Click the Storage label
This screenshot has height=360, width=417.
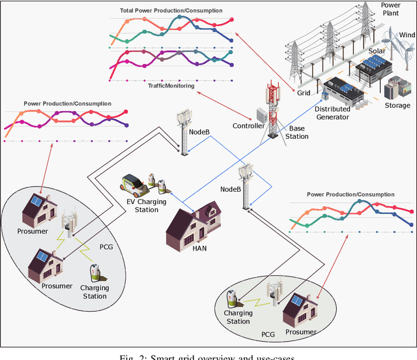click(397, 105)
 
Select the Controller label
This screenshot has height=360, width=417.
click(249, 126)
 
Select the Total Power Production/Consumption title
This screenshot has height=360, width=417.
click(171, 11)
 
